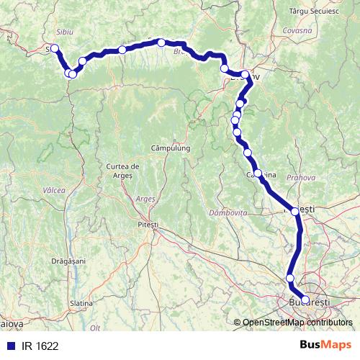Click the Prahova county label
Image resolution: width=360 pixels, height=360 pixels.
click(x=300, y=177)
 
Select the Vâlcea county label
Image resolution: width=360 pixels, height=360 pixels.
click(x=53, y=190)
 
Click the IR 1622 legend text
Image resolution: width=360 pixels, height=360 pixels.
click(x=40, y=346)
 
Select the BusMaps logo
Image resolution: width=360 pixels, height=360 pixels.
click(x=325, y=346)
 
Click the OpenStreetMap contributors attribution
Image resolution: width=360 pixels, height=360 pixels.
click(x=297, y=323)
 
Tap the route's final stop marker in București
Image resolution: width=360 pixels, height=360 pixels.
click(x=305, y=300)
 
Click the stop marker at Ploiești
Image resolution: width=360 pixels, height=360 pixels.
click(x=294, y=210)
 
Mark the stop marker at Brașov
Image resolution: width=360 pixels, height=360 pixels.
click(x=246, y=74)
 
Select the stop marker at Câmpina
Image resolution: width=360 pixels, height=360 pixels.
click(x=258, y=174)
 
